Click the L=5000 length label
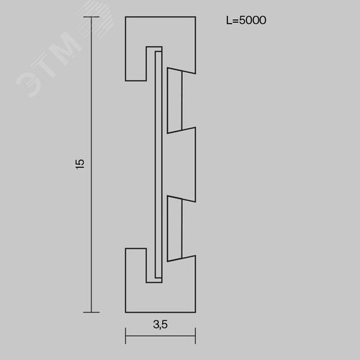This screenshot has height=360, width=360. (246, 20)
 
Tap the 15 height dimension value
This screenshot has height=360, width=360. (80, 164)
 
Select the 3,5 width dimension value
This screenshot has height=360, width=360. (161, 325)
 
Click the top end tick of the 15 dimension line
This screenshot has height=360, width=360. (91, 17)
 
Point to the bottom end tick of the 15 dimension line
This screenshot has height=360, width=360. (91, 312)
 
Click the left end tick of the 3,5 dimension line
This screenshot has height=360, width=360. (125, 336)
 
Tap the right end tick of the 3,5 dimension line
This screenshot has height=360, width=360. (196, 336)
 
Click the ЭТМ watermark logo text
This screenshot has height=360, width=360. (49, 63)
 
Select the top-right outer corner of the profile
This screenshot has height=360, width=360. (196, 17)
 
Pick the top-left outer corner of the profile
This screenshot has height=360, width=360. (125, 17)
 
